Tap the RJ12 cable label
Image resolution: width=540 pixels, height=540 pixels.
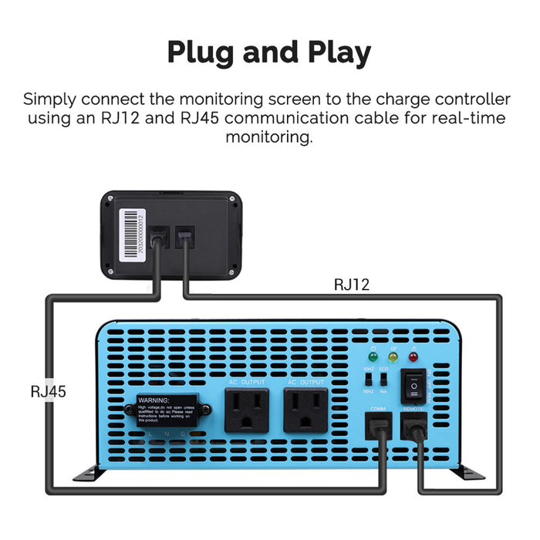[351, 285]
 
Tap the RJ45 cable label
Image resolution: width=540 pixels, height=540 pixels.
[49, 391]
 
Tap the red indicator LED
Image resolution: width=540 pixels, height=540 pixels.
[413, 359]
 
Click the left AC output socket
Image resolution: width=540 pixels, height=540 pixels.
[246, 410]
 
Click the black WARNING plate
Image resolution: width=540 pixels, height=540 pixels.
[168, 410]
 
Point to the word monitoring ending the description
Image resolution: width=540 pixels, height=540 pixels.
[270, 137]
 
